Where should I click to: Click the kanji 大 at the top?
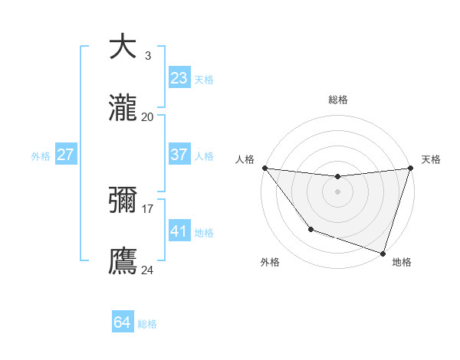tap(123, 47)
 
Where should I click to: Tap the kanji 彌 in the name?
tap(123, 199)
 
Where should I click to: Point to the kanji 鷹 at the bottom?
tap(123, 260)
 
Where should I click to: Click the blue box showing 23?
tap(179, 78)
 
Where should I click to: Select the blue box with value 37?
tap(179, 155)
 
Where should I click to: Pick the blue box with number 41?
tap(179, 231)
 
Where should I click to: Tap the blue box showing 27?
tap(66, 155)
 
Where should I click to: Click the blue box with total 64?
tap(123, 322)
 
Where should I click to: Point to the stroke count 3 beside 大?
tap(147, 55)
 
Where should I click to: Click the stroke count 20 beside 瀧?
tap(147, 116)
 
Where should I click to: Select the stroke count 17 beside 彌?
tap(147, 208)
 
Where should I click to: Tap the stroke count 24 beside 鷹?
tap(147, 269)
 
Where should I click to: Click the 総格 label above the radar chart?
tap(337, 100)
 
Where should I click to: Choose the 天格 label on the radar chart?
tap(431, 159)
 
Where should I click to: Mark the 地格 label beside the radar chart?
tap(402, 262)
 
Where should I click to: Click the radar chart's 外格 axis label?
tap(270, 262)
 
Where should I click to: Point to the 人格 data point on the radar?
tap(264, 168)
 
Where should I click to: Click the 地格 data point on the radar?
tap(383, 253)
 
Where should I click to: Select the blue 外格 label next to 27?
tap(41, 155)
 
